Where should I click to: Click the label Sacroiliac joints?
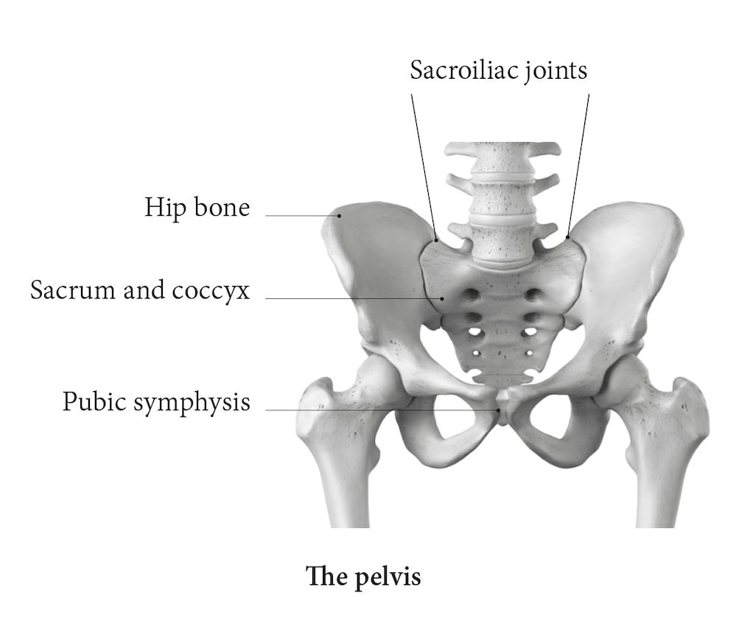tap(499, 70)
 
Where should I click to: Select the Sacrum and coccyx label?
tap(140, 289)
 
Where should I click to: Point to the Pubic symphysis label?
tap(155, 402)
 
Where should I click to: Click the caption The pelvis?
tap(364, 575)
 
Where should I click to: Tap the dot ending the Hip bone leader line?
tap(340, 216)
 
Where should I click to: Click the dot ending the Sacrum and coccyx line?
tap(442, 298)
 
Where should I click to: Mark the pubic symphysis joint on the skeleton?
tap(502, 410)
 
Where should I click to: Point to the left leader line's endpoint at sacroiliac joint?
tap(437, 239)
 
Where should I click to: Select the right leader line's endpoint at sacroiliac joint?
tap(568, 236)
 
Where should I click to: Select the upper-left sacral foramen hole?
tap(469, 296)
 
